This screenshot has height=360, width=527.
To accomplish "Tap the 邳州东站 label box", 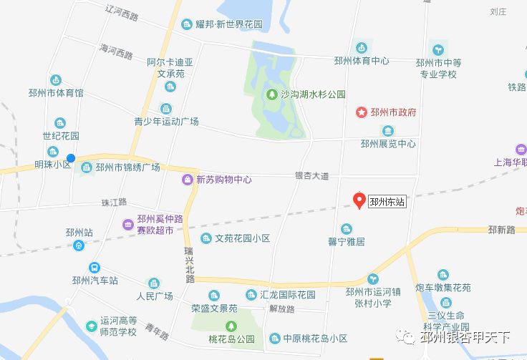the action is click(x=387, y=203).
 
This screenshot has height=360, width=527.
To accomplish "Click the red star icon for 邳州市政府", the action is click(x=362, y=112).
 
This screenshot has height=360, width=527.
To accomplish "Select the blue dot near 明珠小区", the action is click(x=71, y=158).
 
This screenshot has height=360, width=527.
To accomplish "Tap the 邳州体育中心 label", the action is click(x=361, y=61).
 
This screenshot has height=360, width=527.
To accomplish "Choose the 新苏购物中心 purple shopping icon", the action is click(x=188, y=180).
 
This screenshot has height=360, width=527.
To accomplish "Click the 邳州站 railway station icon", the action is click(x=78, y=245).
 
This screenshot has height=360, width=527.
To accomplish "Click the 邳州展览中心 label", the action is click(x=388, y=143).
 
